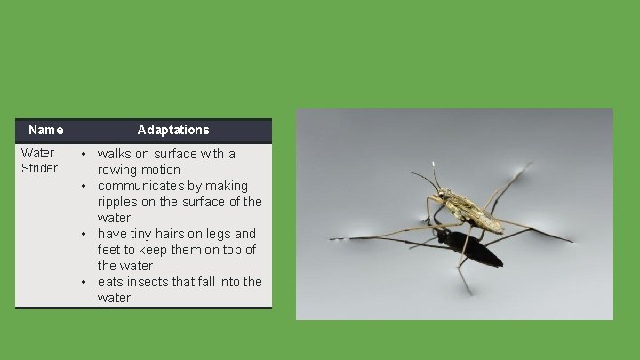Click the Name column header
[x=45, y=130]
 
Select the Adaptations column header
[x=173, y=130]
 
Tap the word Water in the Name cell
[x=37, y=153]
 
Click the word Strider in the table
[x=39, y=168]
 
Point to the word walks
[x=115, y=154]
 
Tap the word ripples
[x=119, y=202]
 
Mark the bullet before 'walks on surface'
[x=83, y=154]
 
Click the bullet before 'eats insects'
[x=83, y=282]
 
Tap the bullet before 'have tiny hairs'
[x=83, y=234]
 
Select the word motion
[x=161, y=170]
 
